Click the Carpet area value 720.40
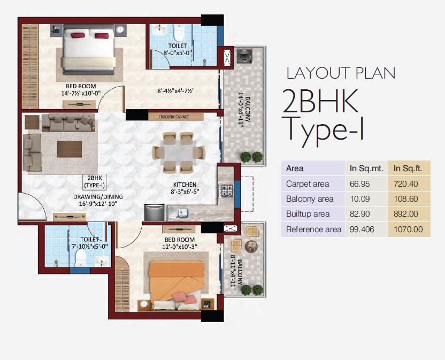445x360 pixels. click(x=405, y=184)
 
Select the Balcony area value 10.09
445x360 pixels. click(x=359, y=199)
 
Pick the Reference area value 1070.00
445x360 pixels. click(x=408, y=229)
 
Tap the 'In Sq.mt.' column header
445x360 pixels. click(x=367, y=168)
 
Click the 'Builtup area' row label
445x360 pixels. click(x=308, y=214)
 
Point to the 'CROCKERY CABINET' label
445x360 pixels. click(x=173, y=117)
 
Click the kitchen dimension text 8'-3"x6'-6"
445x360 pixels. click(x=185, y=192)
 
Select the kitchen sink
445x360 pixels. click(x=179, y=213)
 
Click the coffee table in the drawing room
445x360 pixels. click(x=70, y=149)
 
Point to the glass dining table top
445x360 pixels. click(x=179, y=152)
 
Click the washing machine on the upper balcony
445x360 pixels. click(x=244, y=56)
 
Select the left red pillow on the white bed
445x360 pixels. click(x=78, y=35)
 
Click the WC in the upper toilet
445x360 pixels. click(x=179, y=33)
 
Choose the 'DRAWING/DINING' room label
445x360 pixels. click(x=98, y=196)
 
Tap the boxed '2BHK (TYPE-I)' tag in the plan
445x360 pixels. click(x=95, y=182)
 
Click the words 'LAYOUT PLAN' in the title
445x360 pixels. click(x=341, y=73)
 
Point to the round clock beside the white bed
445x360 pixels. click(x=121, y=29)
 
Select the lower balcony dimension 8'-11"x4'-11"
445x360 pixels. click(x=233, y=272)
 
